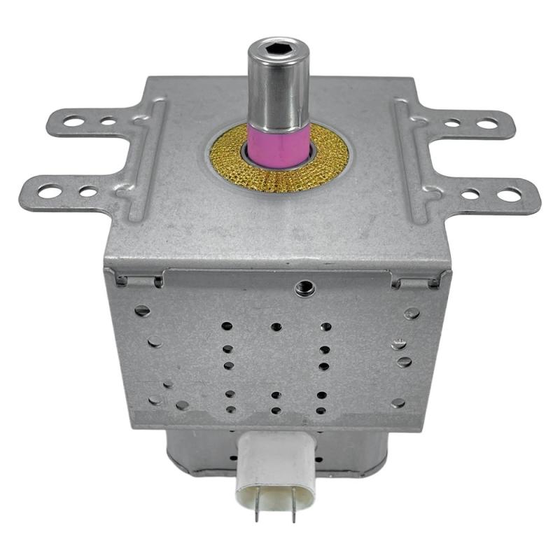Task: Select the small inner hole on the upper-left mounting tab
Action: click(107, 121)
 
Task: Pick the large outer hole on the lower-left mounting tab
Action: click(50, 190)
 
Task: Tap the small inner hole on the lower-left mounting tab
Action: click(87, 191)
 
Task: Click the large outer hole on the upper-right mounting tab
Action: click(487, 124)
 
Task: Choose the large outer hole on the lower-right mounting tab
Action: click(508, 195)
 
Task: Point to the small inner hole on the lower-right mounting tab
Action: click(470, 195)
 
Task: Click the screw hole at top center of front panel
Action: click(304, 286)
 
